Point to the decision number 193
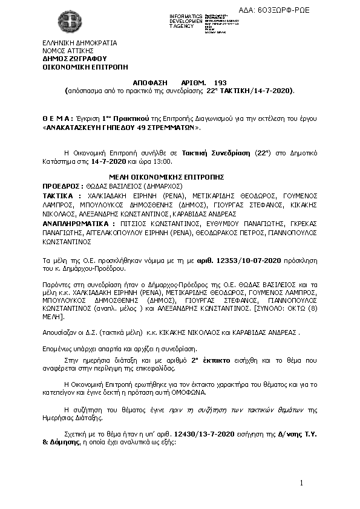coord(220,82)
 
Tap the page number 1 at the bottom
coord(300,482)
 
